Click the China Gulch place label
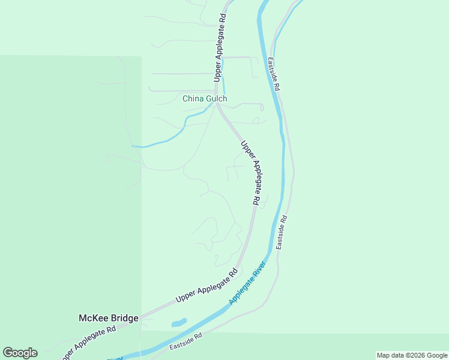[x=205, y=99]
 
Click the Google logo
[x=20, y=353]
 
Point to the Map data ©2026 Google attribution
[x=412, y=355]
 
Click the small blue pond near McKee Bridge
[x=179, y=323]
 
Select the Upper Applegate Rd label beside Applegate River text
[x=206, y=286]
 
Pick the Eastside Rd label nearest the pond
[x=186, y=342]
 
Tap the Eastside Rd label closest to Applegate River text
[x=282, y=232]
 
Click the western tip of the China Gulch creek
[x=133, y=146]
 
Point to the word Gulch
[x=216, y=99]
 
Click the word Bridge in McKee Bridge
[x=125, y=318]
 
